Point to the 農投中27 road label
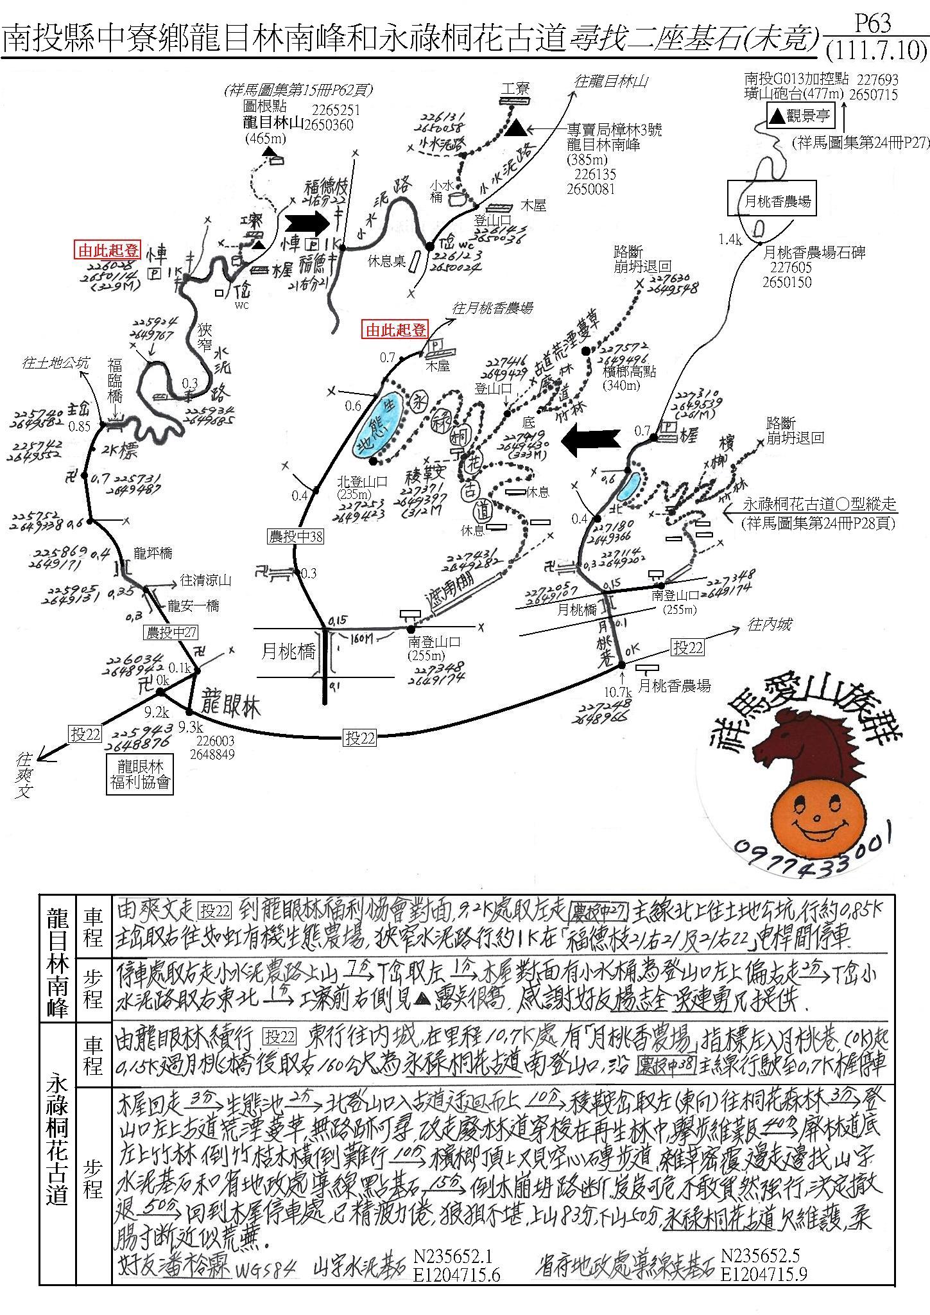[x=171, y=632]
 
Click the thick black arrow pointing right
[x=307, y=223]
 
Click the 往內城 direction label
[x=769, y=623]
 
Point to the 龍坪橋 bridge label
[x=153, y=553]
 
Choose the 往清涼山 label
[x=205, y=581]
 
